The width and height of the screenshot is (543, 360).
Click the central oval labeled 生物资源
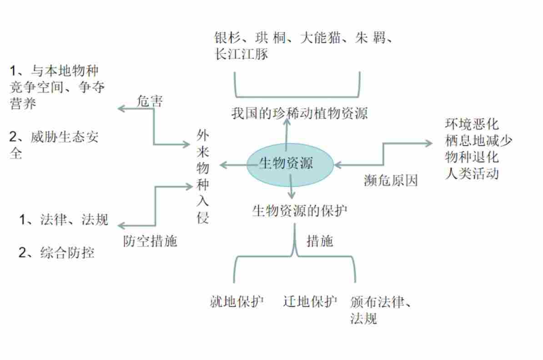click(290, 165)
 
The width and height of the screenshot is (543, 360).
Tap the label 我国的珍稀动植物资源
click(299, 113)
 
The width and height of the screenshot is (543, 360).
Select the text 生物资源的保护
click(299, 211)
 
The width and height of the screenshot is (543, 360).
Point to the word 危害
click(149, 101)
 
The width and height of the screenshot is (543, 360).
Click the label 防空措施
click(150, 241)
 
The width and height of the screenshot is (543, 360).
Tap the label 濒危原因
click(391, 181)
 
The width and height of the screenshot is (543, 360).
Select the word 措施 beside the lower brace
click(320, 241)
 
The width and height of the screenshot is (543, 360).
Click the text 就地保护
click(236, 302)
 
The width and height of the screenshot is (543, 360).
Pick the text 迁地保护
click(310, 302)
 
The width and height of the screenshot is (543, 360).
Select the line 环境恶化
click(472, 124)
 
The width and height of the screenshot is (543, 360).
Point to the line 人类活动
click(472, 174)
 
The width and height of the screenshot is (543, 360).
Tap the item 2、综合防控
click(56, 253)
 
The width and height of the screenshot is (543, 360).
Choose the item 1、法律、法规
click(64, 220)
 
